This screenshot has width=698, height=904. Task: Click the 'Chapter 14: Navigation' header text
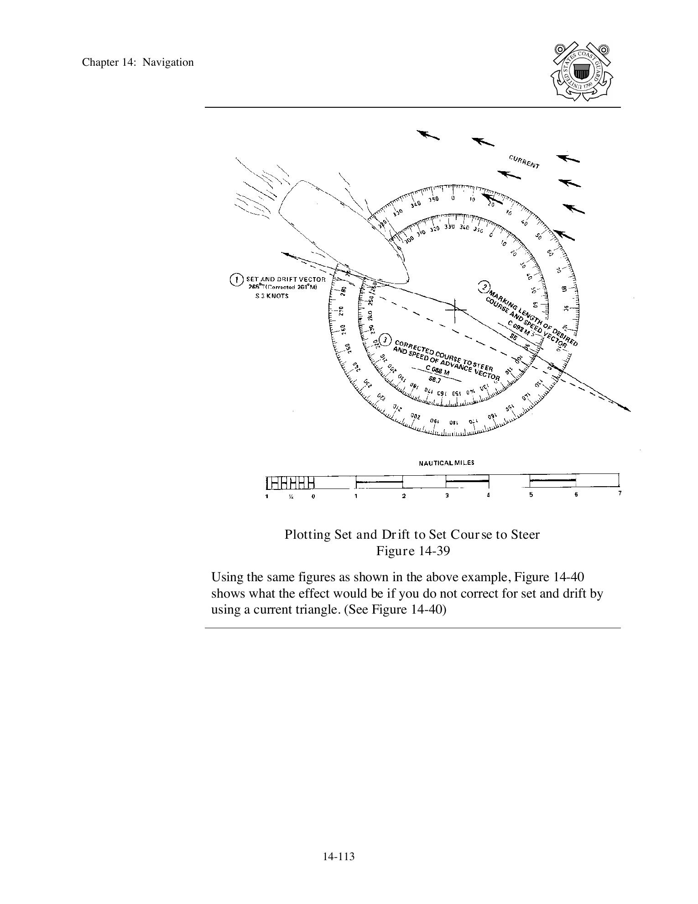tap(138, 63)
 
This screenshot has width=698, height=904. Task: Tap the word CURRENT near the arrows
tap(524, 162)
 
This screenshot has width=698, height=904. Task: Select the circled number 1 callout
tap(236, 279)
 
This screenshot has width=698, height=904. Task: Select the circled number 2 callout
tap(483, 287)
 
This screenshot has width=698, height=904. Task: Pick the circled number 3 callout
tap(385, 340)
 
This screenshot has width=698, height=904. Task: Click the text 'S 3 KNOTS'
tap(272, 296)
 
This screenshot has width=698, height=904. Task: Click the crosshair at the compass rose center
tap(455, 310)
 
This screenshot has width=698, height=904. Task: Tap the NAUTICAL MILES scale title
tap(447, 463)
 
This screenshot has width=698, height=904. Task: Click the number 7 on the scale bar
tap(620, 493)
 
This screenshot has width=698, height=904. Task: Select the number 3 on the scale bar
tap(447, 496)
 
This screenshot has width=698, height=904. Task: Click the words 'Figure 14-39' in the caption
tap(413, 551)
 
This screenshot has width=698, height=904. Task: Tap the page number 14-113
tap(339, 857)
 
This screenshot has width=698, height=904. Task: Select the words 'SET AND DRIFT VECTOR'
tap(286, 279)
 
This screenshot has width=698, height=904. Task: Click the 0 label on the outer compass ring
tap(453, 198)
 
